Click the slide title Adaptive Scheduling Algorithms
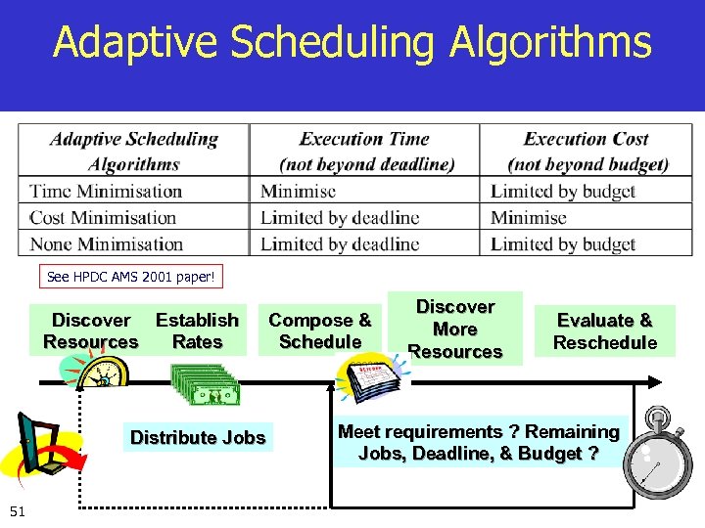pyautogui.click(x=352, y=43)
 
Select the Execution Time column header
pyautogui.click(x=366, y=152)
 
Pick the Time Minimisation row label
pyautogui.click(x=106, y=192)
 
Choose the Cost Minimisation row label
pyautogui.click(x=103, y=218)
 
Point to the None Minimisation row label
pyautogui.click(x=107, y=244)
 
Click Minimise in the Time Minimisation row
pyautogui.click(x=298, y=192)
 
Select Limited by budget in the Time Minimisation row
pyautogui.click(x=563, y=192)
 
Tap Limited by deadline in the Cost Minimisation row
pyautogui.click(x=340, y=218)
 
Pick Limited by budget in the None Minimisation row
pyautogui.click(x=563, y=244)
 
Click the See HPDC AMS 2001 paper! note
pyautogui.click(x=131, y=277)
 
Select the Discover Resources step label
pyautogui.click(x=91, y=330)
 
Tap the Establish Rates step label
pyautogui.click(x=197, y=330)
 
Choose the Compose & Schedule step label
pyautogui.click(x=320, y=330)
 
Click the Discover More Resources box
pyautogui.click(x=454, y=329)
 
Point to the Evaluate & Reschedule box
pyautogui.click(x=604, y=331)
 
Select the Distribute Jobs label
pyautogui.click(x=198, y=437)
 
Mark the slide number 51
pyautogui.click(x=18, y=509)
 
